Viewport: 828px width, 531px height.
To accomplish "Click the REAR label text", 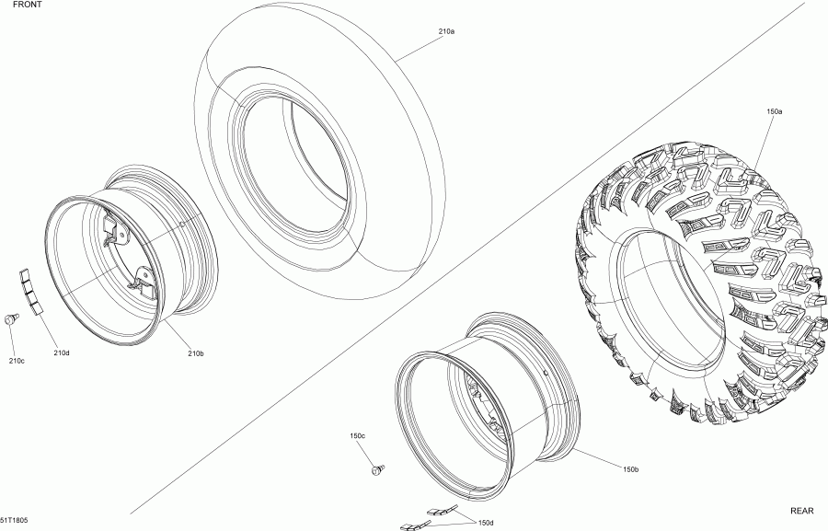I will coord(803,510).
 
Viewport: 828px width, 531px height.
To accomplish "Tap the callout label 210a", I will coord(446,31).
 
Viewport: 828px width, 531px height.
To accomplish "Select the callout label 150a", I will coord(774,110).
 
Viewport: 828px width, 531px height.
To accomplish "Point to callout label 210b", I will coord(196,353).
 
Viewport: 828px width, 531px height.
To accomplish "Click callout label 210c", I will coord(17,360).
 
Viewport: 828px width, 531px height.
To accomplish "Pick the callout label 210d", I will coord(62,353).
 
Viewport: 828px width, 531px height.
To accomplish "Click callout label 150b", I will coord(630,469).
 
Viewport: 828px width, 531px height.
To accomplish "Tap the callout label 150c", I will coord(358,435).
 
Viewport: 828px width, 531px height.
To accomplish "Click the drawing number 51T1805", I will coord(14,520).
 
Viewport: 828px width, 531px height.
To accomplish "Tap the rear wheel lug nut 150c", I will coord(377,471).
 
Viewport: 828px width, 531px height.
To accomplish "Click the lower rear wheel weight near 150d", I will coord(410,525).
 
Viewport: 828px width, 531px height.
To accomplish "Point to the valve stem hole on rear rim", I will coord(546,373).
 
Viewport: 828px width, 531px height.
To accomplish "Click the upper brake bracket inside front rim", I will coord(113,226).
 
